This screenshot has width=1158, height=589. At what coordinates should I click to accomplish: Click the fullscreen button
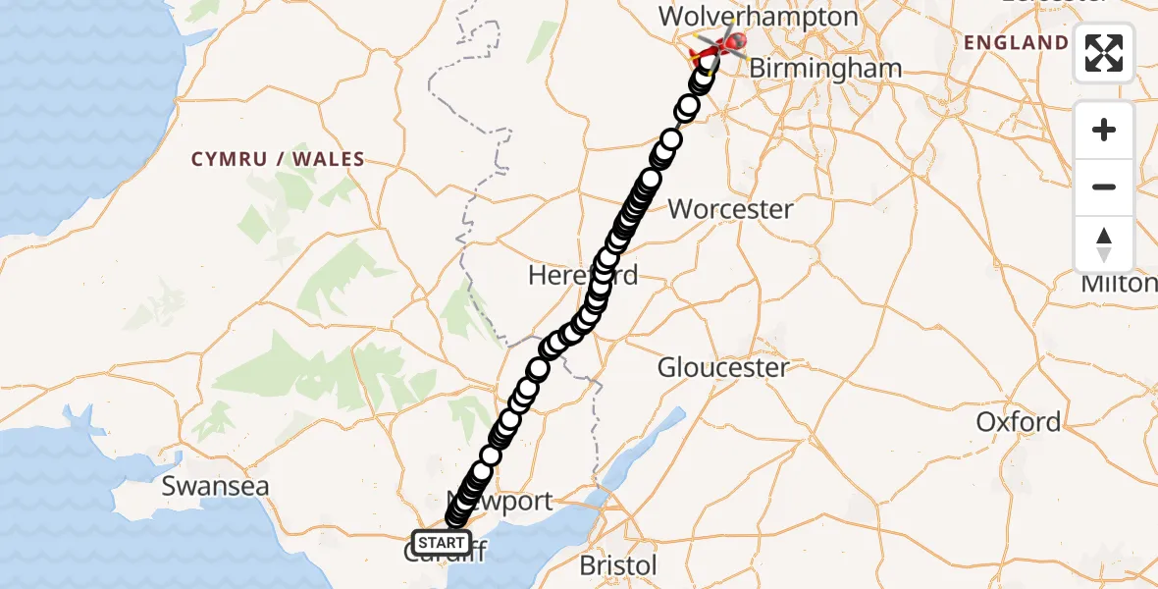1104,53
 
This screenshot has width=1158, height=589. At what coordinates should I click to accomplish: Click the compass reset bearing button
1104,244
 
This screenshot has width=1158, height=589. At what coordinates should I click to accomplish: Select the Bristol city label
618,565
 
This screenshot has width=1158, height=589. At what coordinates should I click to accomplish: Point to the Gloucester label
723,368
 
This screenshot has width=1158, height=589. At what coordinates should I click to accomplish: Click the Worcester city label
730,209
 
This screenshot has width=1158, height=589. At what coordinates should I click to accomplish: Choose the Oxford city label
1018,422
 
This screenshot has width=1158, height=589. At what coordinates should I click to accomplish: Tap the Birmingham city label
829,69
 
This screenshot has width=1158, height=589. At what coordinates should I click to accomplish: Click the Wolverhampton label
759,17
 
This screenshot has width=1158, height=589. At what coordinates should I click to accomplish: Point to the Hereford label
582,275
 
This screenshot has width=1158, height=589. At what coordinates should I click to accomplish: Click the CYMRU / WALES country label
278,159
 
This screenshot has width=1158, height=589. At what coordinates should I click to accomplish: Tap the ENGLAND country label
1016,42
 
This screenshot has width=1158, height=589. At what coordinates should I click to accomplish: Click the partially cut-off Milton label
1119,284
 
